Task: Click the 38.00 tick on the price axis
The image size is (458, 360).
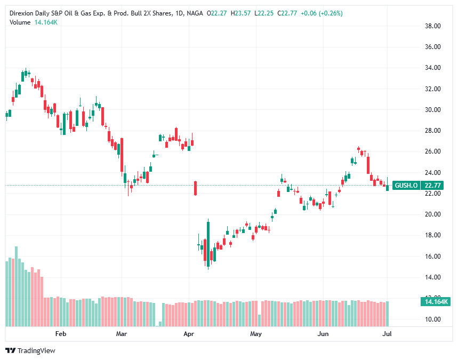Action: (432, 26)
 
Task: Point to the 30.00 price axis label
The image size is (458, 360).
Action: (432, 110)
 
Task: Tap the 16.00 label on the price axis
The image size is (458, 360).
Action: (432, 257)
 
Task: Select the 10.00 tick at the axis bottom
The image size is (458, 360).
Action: (432, 319)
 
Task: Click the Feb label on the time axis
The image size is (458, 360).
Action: (61, 334)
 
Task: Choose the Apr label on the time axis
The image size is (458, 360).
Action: (188, 334)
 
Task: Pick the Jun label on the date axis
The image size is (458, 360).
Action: (323, 334)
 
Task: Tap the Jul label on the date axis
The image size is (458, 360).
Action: (388, 334)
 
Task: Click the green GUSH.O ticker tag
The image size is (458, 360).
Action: (406, 186)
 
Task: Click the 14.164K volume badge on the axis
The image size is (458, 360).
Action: (436, 302)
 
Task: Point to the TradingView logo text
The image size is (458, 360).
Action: (36, 350)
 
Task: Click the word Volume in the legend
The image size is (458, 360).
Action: (20, 22)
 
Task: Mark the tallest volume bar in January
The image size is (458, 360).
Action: (16, 286)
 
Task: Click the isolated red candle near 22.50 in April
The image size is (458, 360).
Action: (196, 188)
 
